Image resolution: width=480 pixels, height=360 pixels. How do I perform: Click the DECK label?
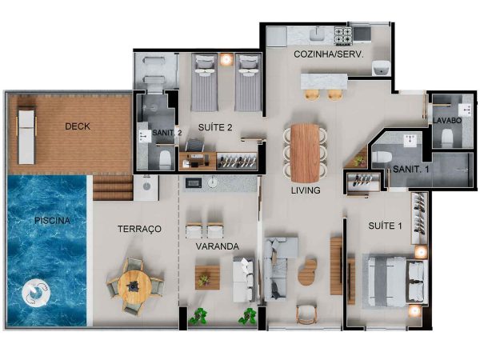(78, 126)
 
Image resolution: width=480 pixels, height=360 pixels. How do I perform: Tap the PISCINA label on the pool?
(52, 221)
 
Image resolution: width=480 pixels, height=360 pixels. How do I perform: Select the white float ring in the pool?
(36, 292)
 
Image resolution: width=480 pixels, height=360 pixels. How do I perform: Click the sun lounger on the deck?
(26, 135)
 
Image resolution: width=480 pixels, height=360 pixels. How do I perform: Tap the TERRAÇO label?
(139, 229)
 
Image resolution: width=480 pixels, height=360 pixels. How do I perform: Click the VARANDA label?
(218, 246)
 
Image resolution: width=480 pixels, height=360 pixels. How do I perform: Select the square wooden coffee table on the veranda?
(207, 278)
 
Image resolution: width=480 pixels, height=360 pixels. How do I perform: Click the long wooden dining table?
(305, 153)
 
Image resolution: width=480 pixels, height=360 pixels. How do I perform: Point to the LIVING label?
(306, 190)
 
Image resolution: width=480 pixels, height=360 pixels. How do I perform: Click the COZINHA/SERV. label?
(329, 54)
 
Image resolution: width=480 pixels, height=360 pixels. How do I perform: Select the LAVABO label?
(447, 120)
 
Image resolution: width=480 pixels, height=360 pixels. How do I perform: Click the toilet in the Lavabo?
(447, 137)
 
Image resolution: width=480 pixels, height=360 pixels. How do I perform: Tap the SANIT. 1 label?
(411, 169)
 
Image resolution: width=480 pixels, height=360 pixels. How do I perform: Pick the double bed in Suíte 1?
(395, 282)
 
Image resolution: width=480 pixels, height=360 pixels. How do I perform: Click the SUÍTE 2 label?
(215, 127)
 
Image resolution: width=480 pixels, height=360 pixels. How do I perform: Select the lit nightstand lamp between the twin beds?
(226, 59)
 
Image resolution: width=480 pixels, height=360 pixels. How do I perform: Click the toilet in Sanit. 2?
(165, 158)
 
